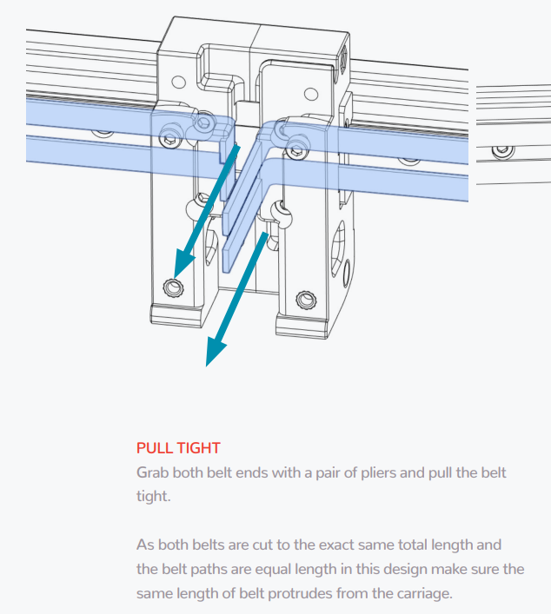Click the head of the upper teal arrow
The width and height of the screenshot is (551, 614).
coord(183,264)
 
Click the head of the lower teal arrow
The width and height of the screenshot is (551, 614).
coord(215,352)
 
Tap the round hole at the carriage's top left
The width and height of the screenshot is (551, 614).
coord(179,83)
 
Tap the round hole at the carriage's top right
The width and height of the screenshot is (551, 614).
coord(311,94)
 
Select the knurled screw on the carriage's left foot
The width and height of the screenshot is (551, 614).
coord(173,287)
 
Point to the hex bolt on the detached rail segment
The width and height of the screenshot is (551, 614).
coord(503,151)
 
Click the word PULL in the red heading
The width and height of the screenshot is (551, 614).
coord(155,448)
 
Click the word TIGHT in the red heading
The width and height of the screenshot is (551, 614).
coord(199,448)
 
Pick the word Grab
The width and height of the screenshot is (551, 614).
coord(152,472)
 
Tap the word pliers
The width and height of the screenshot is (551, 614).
coord(378,473)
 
